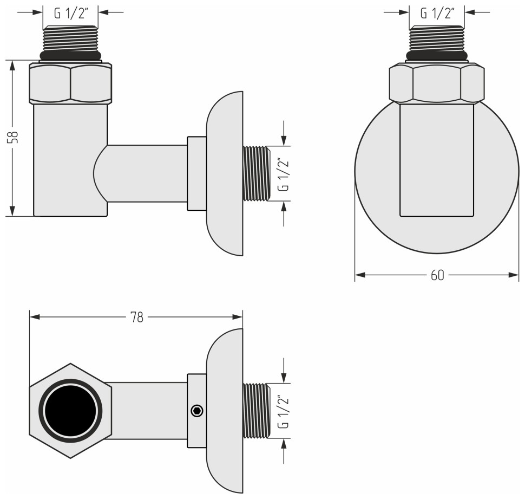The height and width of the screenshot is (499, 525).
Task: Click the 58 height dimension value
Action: (x=15, y=137)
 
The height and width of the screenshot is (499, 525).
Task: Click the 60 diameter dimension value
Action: (x=437, y=275)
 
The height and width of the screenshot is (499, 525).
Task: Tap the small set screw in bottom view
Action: (x=198, y=411)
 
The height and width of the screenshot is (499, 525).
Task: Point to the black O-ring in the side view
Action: (x=70, y=55)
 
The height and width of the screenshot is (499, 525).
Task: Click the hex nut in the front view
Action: (x=437, y=83)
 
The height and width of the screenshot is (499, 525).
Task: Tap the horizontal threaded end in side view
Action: (x=256, y=173)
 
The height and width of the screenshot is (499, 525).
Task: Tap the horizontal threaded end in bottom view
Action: (x=256, y=411)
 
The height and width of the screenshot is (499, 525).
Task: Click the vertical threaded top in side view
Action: (x=70, y=38)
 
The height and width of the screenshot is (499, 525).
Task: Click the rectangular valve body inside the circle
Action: (x=437, y=163)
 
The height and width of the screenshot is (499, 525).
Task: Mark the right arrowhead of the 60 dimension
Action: (x=514, y=275)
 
